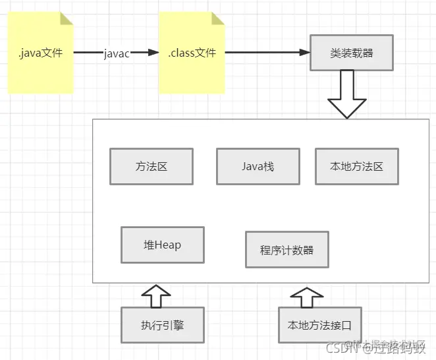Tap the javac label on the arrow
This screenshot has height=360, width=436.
tap(117, 53)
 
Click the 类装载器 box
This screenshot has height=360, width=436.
tap(352, 53)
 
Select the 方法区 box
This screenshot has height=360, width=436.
tap(151, 166)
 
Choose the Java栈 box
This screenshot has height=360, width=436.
tap(258, 166)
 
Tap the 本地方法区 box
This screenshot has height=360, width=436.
tap(356, 166)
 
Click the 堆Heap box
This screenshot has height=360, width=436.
tap(162, 245)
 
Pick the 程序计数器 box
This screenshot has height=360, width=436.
tap(286, 249)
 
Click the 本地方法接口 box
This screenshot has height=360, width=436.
tap(319, 325)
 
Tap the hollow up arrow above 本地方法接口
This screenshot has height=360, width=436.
tap(304, 297)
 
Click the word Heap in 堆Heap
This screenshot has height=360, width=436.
tap(168, 245)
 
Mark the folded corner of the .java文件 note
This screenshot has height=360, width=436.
tap(65, 18)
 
